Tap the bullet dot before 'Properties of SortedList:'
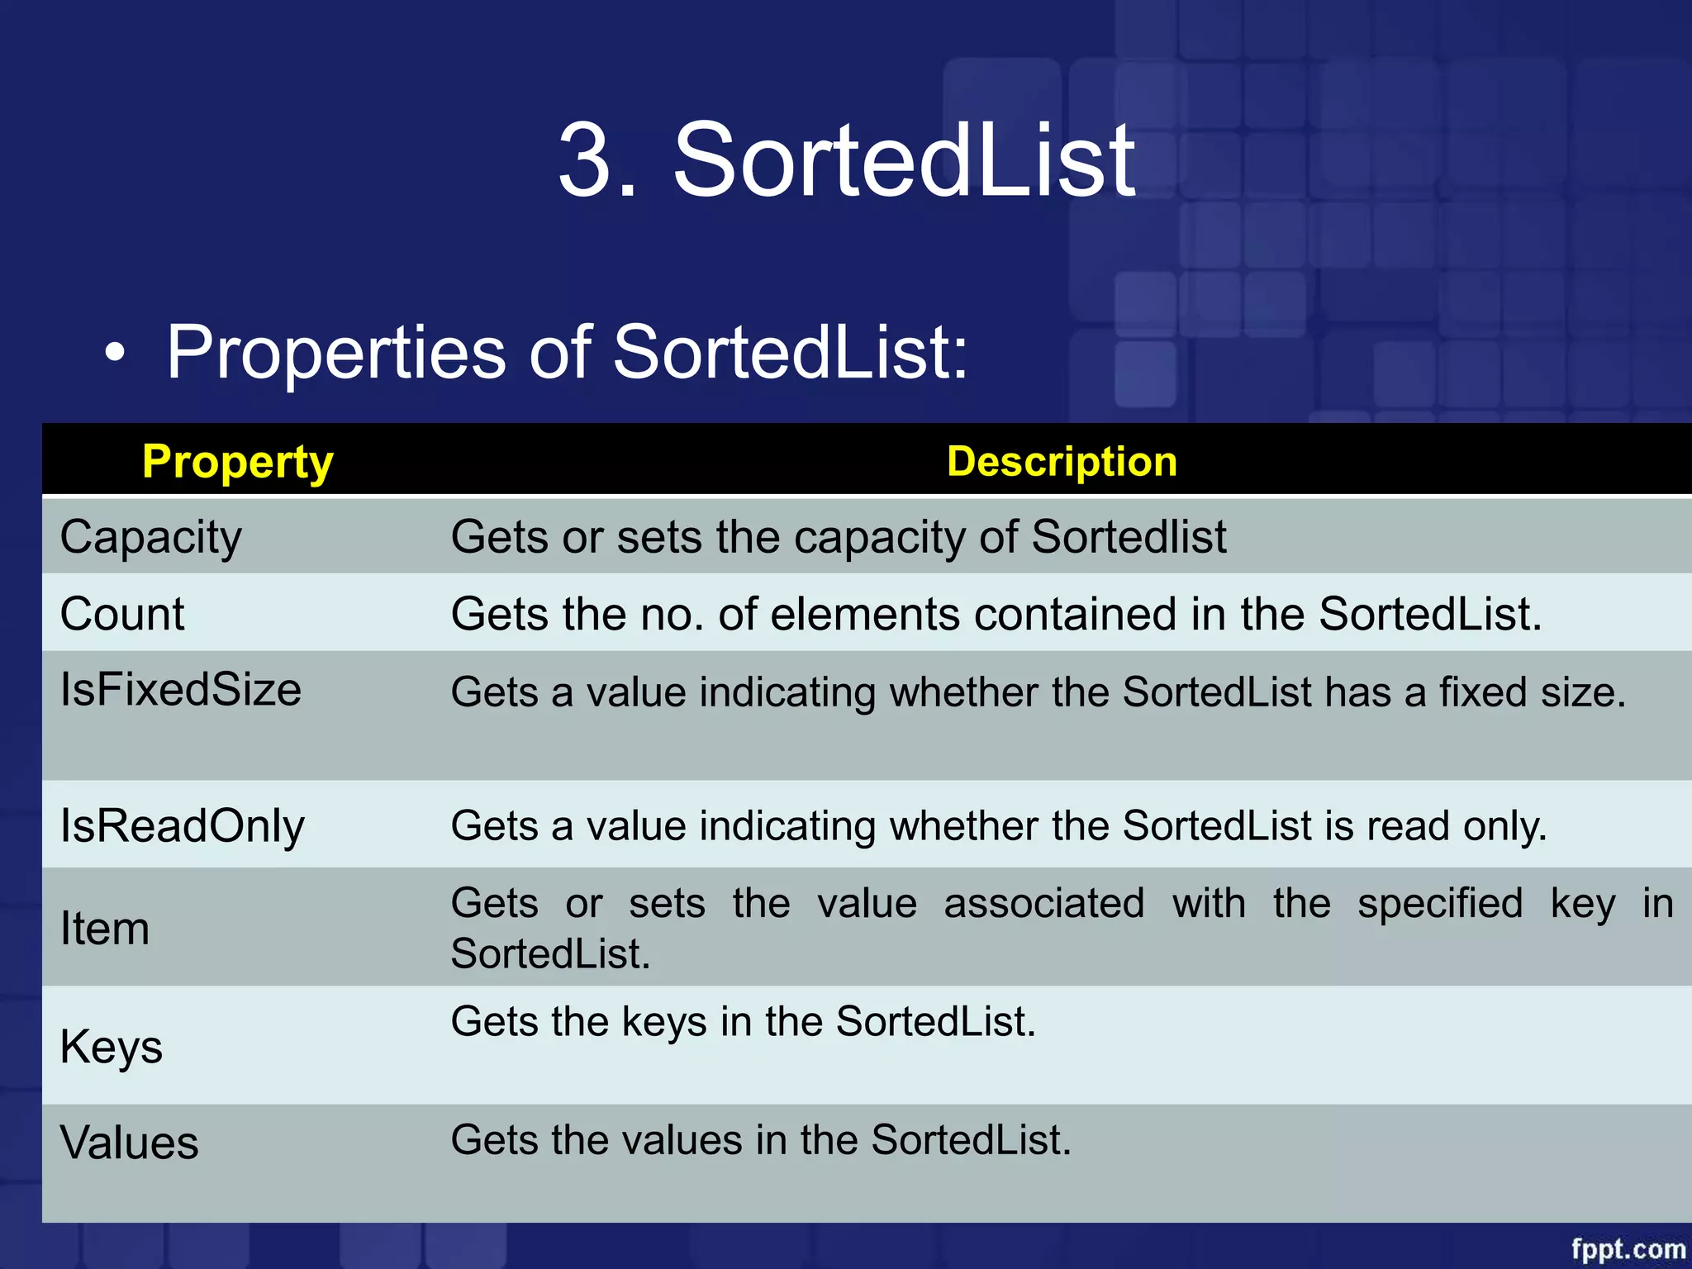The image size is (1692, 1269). coord(116,354)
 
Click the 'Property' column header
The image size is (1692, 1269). coord(238,461)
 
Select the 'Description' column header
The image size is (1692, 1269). coord(1062,461)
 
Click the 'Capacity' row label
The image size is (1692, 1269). coord(151,538)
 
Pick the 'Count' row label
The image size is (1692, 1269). coord(122,614)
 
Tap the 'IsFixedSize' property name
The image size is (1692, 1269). coord(181,689)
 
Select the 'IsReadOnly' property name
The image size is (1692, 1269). coord(183,825)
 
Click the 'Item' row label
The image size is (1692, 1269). coord(105,928)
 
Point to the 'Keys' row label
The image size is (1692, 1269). coord(112,1047)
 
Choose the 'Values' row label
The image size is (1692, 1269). coord(130,1143)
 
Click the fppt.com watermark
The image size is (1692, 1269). coord(1628,1248)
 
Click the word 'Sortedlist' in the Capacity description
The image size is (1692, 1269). coord(1129,537)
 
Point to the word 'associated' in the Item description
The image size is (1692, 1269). coord(1044,903)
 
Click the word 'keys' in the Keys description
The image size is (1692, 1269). coord(664,1022)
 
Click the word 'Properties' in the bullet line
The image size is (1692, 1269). coord(336,353)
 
